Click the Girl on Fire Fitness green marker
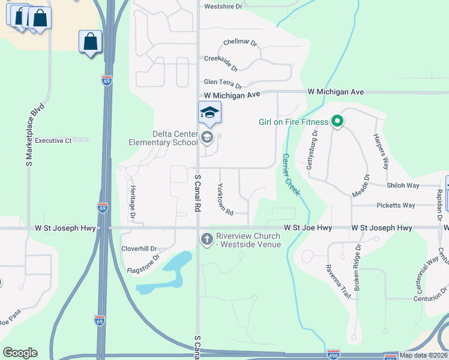337,122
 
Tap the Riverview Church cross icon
207,239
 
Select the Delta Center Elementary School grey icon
207,138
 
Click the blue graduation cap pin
209,112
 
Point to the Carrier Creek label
291,175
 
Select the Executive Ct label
53,140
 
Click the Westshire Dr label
223,7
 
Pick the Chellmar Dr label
240,43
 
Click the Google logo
20,353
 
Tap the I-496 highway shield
334,355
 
